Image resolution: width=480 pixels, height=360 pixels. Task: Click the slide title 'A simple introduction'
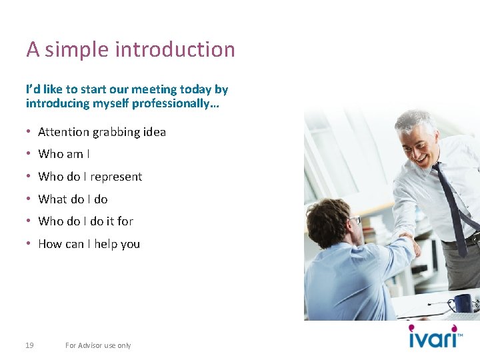tap(131, 49)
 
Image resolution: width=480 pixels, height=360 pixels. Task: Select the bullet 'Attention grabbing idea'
tap(102, 132)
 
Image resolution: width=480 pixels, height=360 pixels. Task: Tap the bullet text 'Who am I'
tap(64, 154)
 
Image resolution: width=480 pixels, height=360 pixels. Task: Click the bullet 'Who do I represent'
tap(90, 177)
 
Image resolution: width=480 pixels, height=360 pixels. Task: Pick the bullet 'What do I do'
tap(73, 199)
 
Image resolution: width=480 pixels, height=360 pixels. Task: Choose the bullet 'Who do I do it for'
tap(85, 221)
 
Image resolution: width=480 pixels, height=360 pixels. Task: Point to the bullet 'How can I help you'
tap(89, 244)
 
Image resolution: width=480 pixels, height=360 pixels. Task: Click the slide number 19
tap(29, 345)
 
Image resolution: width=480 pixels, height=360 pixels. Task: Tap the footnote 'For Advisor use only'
tap(98, 345)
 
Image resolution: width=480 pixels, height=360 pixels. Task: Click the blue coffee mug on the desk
tap(463, 303)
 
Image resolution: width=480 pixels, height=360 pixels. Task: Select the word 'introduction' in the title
tap(175, 49)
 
